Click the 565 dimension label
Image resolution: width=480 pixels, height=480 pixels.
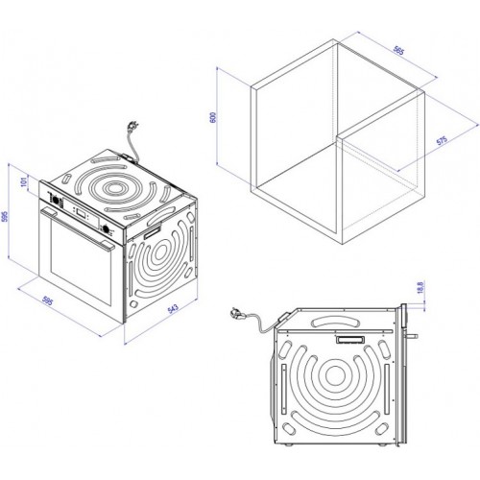pos(398,51)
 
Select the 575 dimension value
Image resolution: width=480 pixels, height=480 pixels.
pos(442,140)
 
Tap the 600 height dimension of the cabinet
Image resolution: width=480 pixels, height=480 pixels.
pos(214,117)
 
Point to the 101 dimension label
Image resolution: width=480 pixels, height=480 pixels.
pos(23,182)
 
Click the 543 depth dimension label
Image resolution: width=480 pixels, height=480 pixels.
pos(173,309)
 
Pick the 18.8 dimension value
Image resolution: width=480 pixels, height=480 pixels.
pos(420,287)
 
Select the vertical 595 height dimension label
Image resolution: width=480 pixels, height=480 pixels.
pos(5,216)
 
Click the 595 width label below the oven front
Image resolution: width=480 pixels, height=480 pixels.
pos(47,300)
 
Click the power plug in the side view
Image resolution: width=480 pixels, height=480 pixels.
pos(237,313)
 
